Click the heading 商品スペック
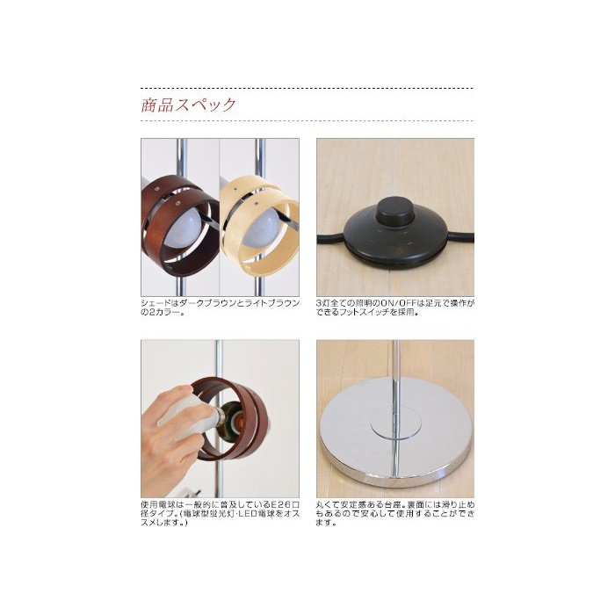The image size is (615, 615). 189,105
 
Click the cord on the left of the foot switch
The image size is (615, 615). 331,239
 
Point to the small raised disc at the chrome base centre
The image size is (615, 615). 395,423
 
